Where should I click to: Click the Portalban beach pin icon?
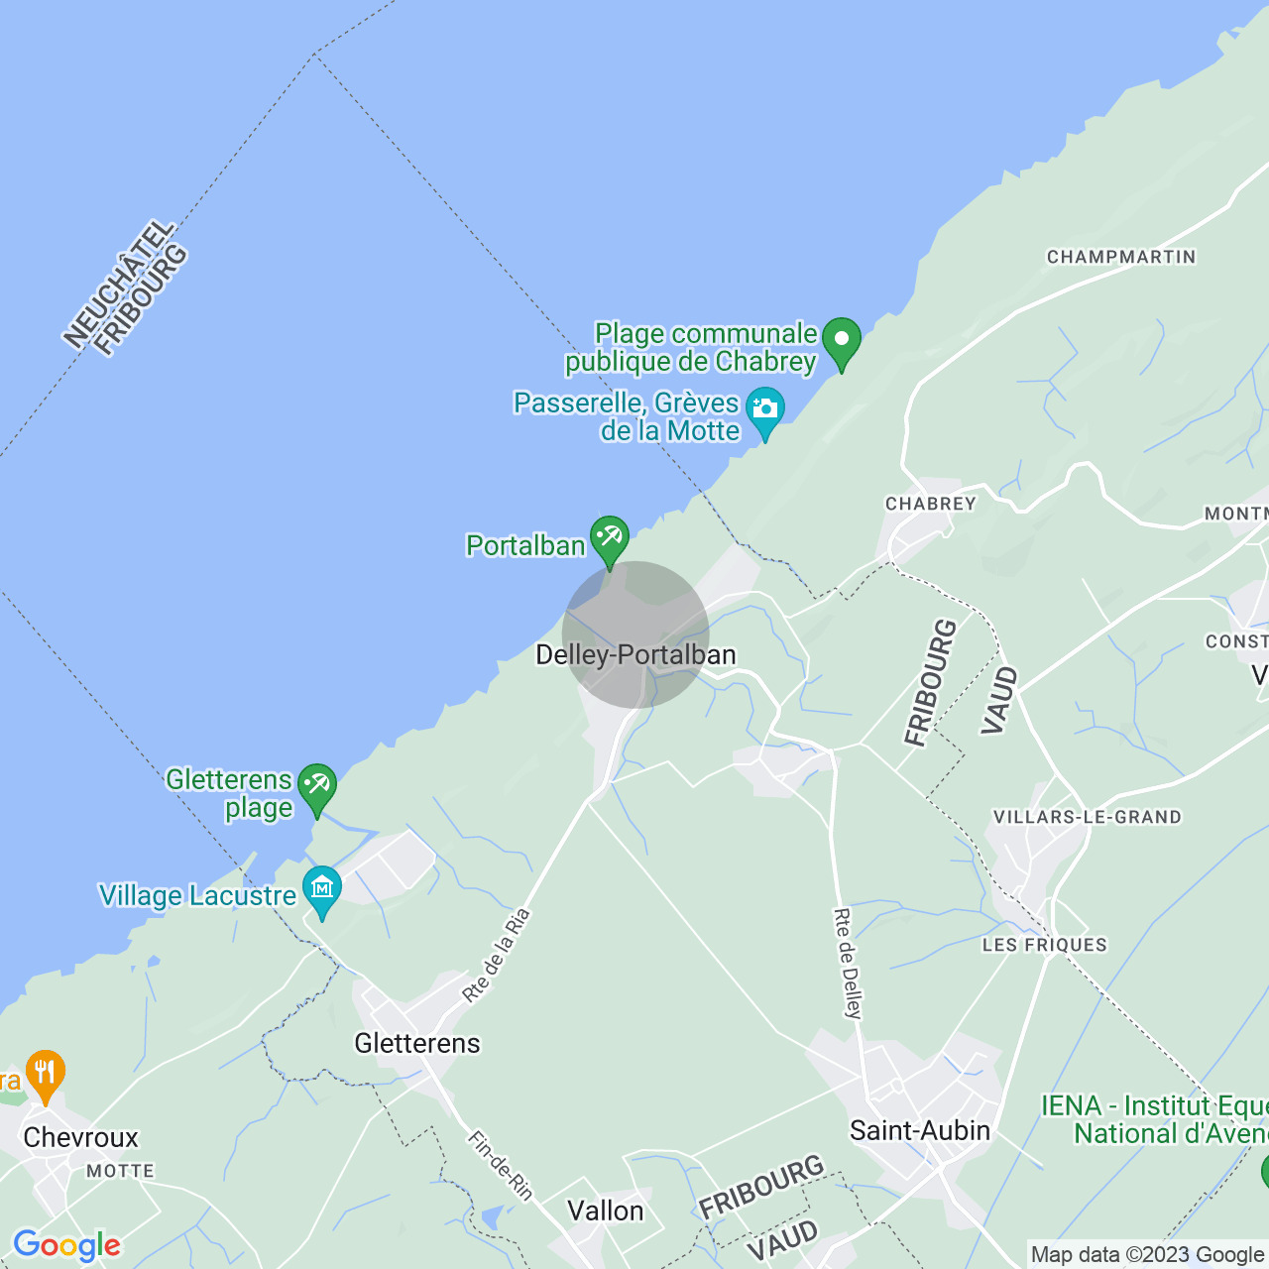(609, 538)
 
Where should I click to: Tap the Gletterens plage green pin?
(317, 786)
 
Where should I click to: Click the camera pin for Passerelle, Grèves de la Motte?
(764, 409)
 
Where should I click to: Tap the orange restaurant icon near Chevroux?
(45, 1074)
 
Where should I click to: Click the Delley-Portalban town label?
(635, 655)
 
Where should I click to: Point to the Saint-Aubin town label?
(920, 1131)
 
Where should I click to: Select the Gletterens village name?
(417, 1043)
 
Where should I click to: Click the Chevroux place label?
(80, 1138)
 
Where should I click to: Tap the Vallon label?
(606, 1211)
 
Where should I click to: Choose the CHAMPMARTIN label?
(1121, 257)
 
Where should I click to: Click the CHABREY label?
(931, 504)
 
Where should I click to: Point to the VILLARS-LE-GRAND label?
(1088, 817)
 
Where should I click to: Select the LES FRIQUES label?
(1045, 945)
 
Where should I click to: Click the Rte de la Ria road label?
(497, 956)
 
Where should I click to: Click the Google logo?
(66, 1245)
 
